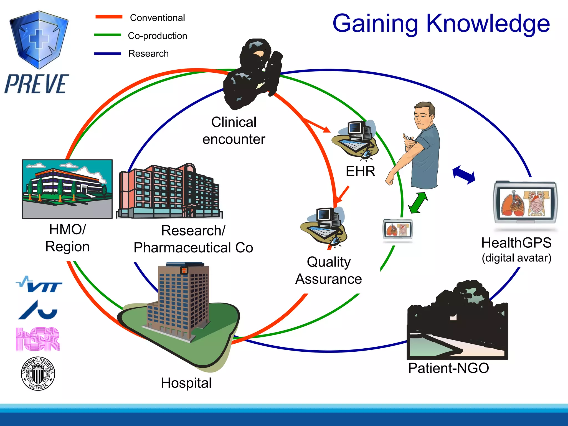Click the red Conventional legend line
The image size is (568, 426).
click(x=109, y=17)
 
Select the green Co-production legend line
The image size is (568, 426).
click(x=108, y=35)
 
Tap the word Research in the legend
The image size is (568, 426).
click(x=148, y=54)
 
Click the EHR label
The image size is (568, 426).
click(x=360, y=171)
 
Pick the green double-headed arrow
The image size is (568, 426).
click(x=418, y=203)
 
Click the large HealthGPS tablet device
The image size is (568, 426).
click(x=525, y=202)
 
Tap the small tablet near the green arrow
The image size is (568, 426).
click(x=398, y=229)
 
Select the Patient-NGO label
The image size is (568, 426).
click(x=448, y=368)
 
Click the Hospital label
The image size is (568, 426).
click(x=186, y=383)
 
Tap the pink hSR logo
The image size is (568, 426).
click(x=38, y=339)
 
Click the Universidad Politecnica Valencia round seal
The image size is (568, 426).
click(x=38, y=373)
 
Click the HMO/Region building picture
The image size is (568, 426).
click(x=67, y=189)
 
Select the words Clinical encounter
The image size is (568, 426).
click(x=234, y=131)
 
